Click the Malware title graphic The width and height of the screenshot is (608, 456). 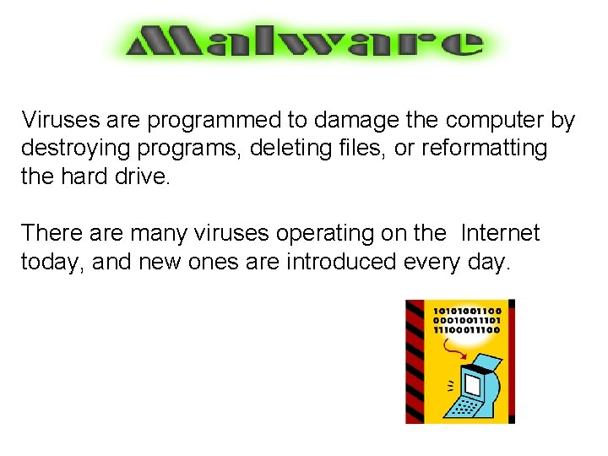[x=304, y=41]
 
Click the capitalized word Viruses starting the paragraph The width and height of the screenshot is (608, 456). [x=52, y=120]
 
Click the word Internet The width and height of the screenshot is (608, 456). [x=500, y=232]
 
